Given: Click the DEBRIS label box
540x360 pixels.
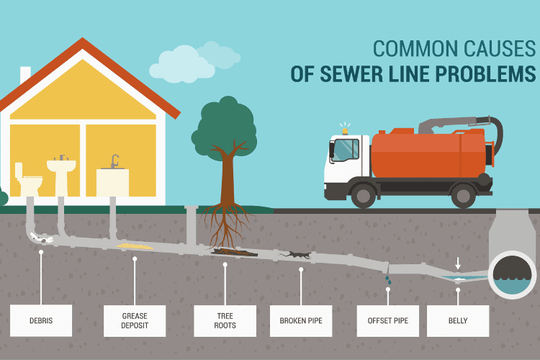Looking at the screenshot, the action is [41, 320].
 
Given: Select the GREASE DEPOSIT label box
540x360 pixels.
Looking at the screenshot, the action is [135, 320].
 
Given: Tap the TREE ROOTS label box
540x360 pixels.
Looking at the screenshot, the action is [225, 320].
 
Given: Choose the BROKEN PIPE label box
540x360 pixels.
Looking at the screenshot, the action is [301, 320].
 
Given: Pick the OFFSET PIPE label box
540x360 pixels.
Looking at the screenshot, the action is [388, 320].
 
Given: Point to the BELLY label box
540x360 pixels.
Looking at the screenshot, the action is [458, 320].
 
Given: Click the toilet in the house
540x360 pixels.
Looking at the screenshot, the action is [28, 180].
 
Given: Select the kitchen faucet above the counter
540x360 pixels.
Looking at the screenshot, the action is [114, 161].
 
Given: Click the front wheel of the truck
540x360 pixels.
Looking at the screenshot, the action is [364, 195].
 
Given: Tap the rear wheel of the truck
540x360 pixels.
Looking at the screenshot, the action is [464, 195].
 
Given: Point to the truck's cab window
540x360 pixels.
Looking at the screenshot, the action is [346, 150].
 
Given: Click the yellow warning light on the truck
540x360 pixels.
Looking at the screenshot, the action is [345, 131].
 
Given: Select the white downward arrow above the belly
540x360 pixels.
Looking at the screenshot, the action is [458, 264].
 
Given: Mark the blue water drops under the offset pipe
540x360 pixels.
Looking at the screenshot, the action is [388, 280].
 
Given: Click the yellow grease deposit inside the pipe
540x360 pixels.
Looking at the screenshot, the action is [135, 246].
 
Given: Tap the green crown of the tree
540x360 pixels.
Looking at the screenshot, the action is [224, 128].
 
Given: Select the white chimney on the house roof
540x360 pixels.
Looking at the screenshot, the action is [25, 74].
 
